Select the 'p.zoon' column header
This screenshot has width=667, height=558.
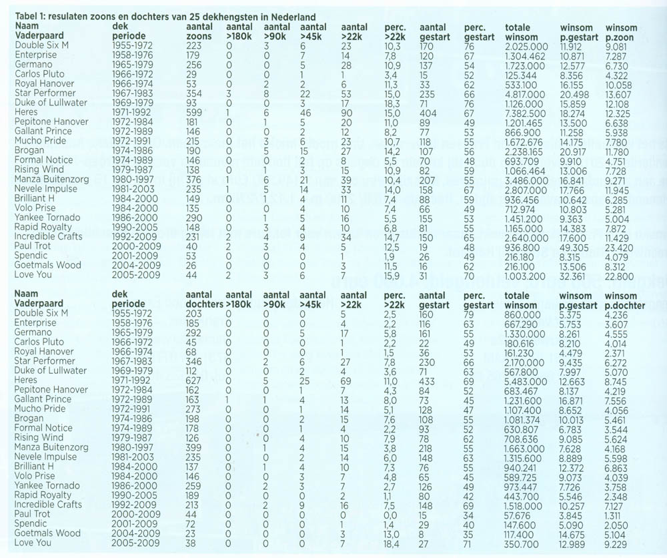click(620, 36)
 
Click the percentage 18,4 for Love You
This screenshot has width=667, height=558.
click(394, 543)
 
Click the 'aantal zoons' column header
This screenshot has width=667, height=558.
click(199, 31)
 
